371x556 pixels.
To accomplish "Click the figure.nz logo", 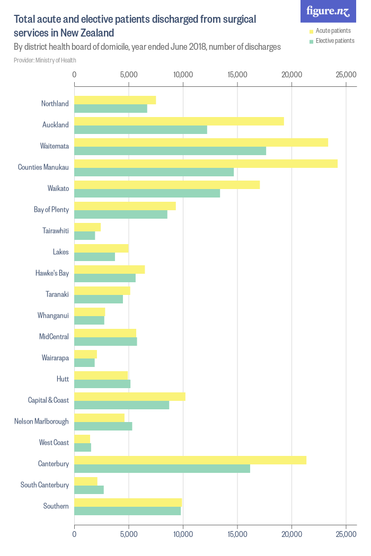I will pos(328,11).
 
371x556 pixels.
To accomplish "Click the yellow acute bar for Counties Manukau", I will pos(206,163).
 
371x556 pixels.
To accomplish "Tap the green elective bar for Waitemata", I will pos(170,151).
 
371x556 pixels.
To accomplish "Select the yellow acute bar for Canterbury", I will pos(190,460).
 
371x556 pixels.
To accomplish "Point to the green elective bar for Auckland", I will pos(140,130).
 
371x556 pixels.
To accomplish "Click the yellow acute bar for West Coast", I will pos(82,438).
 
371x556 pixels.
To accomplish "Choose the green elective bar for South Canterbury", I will pos(89,490).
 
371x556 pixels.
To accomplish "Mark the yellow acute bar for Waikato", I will pos(167,184).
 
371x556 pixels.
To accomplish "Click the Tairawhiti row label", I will pos(56,231).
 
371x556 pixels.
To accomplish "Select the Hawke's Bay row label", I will pos(52,273).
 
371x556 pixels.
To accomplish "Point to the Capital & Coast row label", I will pos(48,400).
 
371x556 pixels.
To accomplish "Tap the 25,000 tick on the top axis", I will pos(346,75).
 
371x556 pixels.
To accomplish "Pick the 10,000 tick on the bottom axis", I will pos(183,535).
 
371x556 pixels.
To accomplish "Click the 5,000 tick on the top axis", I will pos(129,75).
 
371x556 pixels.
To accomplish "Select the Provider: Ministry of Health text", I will pos(45,60).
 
